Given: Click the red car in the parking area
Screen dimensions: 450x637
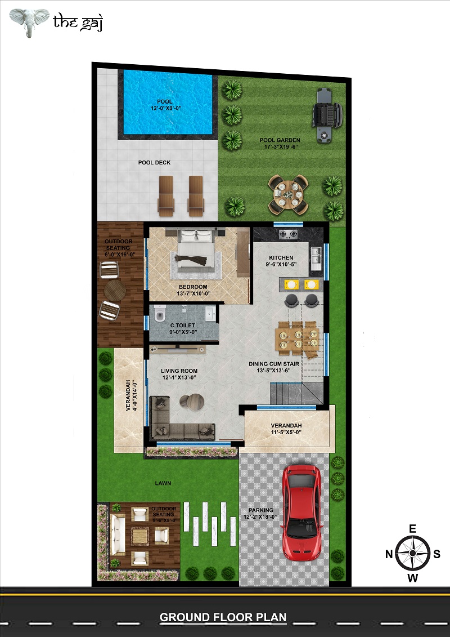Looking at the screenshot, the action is coord(302,513).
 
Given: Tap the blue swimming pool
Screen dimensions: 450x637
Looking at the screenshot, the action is coord(168,102).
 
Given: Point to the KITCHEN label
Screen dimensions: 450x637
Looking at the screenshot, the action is coord(281,257).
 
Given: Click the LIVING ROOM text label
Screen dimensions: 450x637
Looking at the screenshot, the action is coord(179,371).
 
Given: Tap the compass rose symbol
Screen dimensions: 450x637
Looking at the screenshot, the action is coord(413,553).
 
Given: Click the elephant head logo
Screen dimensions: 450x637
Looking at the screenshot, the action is coord(29,22).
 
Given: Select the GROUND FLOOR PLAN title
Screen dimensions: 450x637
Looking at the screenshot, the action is coord(223,617).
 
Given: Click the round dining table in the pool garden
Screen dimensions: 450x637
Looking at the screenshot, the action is coord(288,195).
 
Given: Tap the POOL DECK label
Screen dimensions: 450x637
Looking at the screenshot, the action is coord(154,163).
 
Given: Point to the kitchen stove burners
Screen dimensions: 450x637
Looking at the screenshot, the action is coord(287,234).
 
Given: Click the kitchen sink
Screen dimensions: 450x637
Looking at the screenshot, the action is coord(316,257).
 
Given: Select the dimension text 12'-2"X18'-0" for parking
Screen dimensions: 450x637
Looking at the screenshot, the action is coord(260,516).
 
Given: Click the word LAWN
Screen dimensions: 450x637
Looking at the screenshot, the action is coord(163,483).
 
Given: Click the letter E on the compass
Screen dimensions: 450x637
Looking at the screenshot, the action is coord(413,528).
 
